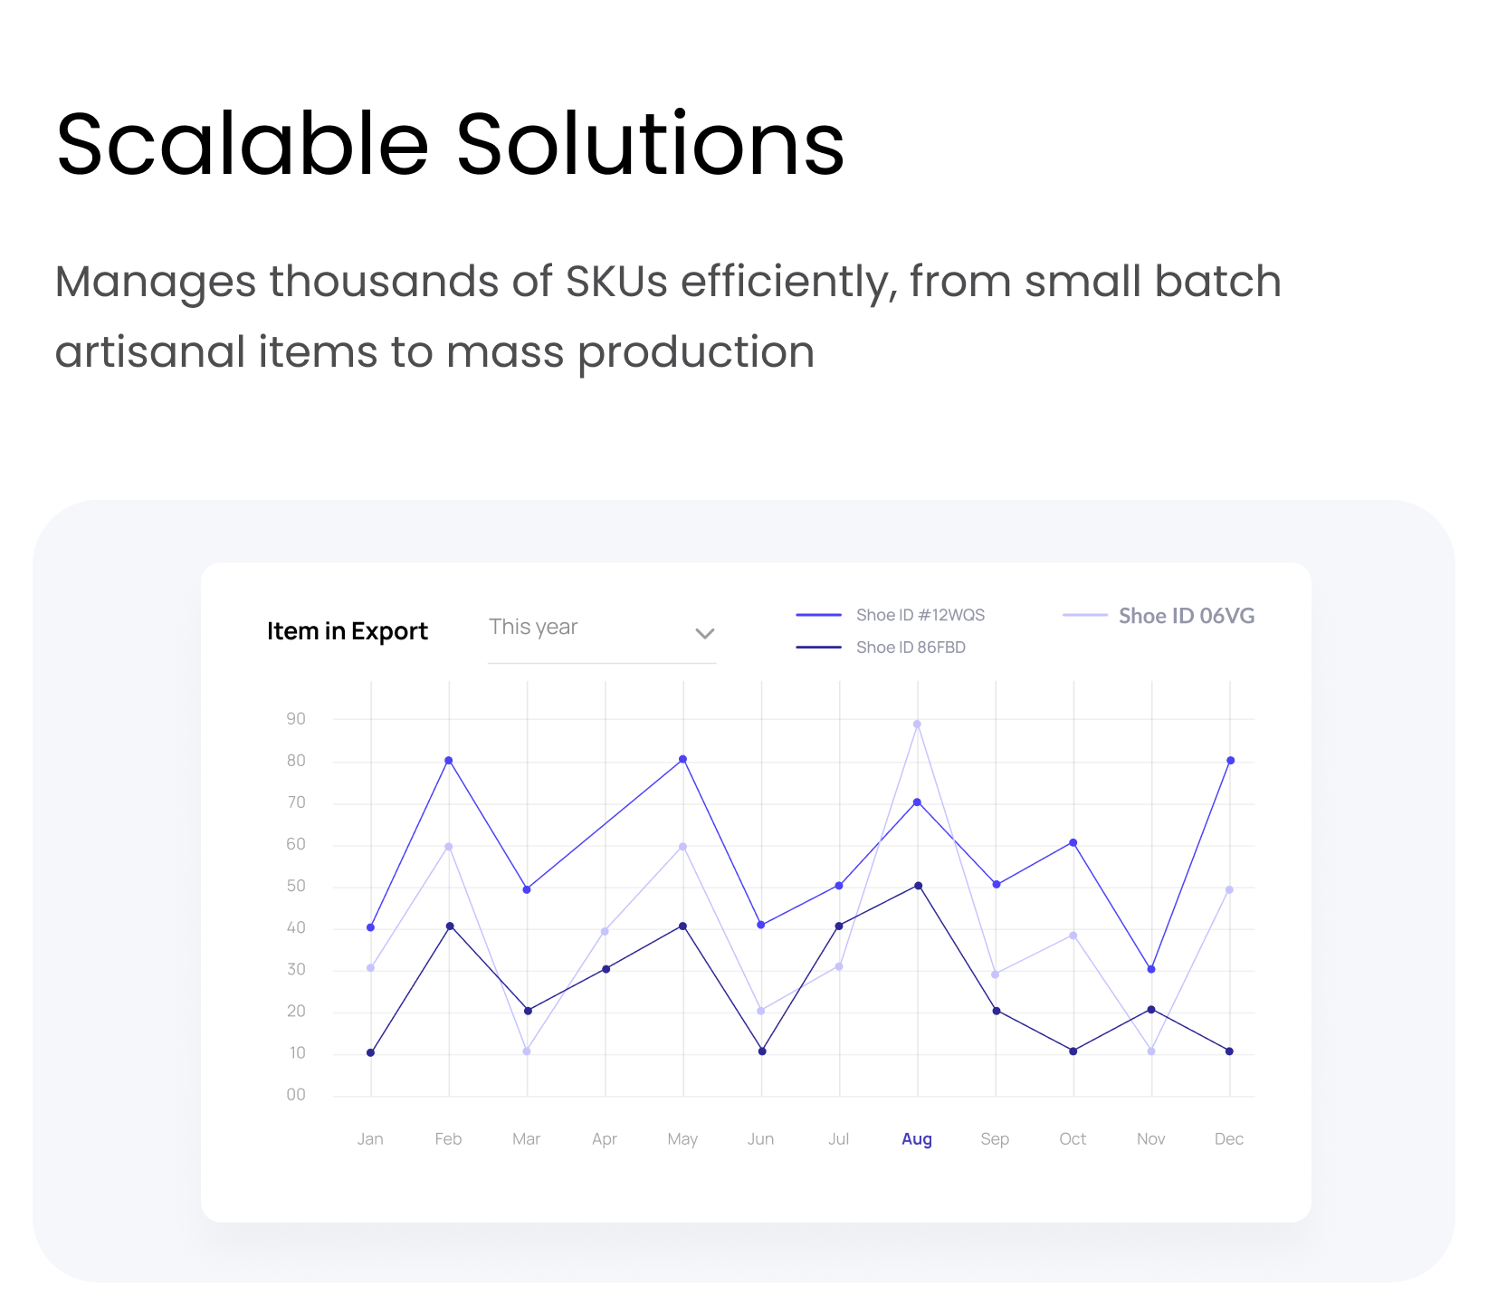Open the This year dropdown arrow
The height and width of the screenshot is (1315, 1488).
coord(705,633)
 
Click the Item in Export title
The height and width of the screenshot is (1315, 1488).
coord(348,631)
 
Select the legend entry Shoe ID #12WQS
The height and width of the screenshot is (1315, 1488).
coord(891,615)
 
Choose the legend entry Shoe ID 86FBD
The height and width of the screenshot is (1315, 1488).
coord(881,648)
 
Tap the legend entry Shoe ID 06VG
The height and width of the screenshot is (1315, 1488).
coord(1159,616)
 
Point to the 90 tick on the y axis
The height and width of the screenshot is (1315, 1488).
coord(296,719)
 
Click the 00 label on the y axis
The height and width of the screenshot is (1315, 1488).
coord(296,1095)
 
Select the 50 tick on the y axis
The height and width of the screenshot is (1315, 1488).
coord(296,887)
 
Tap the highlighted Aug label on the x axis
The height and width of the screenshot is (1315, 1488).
coord(917,1139)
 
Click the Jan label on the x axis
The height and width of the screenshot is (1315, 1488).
coord(370,1139)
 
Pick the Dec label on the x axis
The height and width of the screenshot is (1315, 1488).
coord(1229,1139)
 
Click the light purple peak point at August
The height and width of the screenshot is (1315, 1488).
coord(917,725)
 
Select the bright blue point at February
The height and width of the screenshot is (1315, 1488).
coord(449,761)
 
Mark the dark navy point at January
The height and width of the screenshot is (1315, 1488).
coord(371,1052)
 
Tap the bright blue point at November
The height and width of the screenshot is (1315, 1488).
coord(1151,969)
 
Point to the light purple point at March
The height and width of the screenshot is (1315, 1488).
coord(527,1051)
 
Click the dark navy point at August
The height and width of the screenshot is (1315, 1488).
coord(918,886)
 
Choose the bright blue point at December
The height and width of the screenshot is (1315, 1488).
coord(1230,761)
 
